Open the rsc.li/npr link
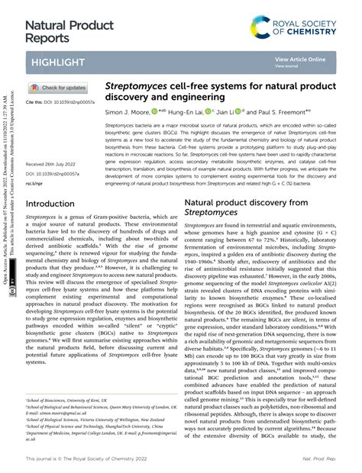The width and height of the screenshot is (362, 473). pyautogui.click(x=35, y=184)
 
